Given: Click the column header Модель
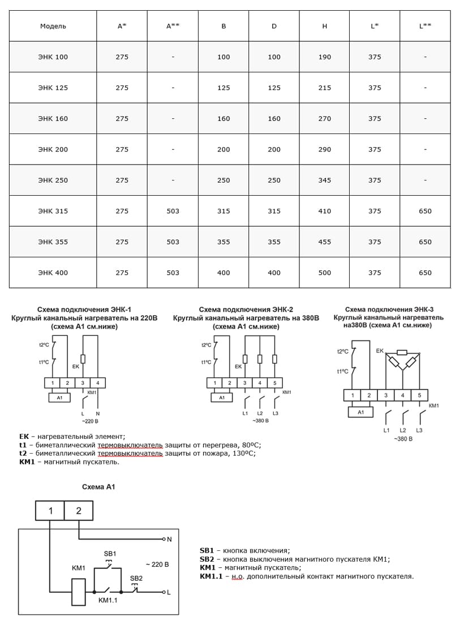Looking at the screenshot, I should click(x=53, y=26).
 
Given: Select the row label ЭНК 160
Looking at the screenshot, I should click(x=53, y=119).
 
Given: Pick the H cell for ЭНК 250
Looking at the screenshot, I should click(x=324, y=180).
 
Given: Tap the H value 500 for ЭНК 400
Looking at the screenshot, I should click(x=324, y=273).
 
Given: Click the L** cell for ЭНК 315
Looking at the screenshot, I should click(x=425, y=211).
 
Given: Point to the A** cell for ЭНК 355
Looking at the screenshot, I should click(x=173, y=242).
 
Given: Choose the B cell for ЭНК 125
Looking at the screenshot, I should click(x=224, y=88).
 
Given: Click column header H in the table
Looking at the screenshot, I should click(x=324, y=26).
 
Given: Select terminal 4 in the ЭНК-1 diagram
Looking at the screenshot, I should click(x=98, y=383).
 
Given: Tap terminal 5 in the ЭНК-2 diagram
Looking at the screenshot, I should click(x=274, y=383).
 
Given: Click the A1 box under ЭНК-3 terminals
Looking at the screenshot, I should click(x=360, y=412).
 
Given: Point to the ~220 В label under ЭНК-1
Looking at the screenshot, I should click(x=89, y=421).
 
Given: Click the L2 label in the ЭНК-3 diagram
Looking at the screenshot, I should click(x=403, y=430).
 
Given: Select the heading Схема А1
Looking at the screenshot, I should click(x=98, y=487).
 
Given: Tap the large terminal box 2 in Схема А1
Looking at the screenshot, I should click(x=79, y=511).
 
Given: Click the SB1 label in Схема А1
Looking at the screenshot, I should click(x=110, y=553).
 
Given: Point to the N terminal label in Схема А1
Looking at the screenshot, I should click(x=169, y=539).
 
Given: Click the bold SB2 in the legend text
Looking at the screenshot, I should click(x=207, y=559).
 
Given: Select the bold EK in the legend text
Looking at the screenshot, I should click(x=24, y=436).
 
